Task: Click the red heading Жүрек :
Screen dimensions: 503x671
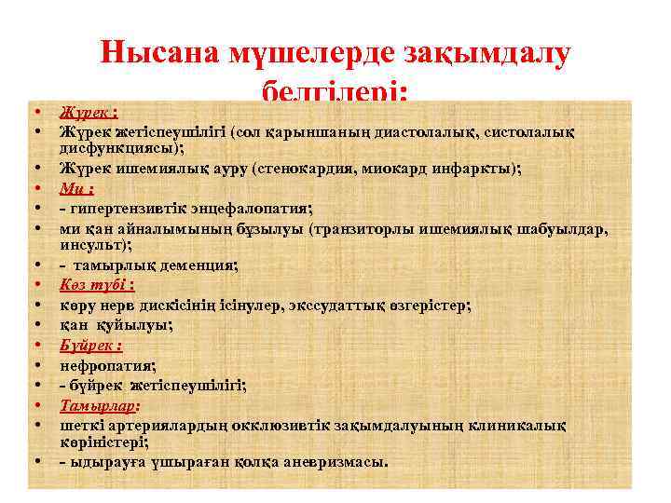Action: pyautogui.click(x=89, y=113)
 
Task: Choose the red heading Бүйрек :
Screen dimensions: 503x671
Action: pyautogui.click(x=91, y=346)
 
